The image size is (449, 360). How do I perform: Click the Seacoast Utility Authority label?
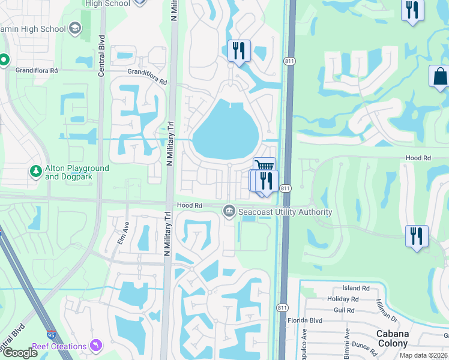tap(285, 212)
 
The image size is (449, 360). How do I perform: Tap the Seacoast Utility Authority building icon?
tap(229, 211)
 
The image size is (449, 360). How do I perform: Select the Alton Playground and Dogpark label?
tap(77, 173)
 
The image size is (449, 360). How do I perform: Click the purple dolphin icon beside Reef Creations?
tap(96, 346)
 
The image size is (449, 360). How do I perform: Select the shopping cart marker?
tap(264, 167)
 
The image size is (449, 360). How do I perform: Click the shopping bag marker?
tap(439, 77)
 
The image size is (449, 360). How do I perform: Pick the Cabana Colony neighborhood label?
tap(393, 338)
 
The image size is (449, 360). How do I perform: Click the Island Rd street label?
tap(356, 289)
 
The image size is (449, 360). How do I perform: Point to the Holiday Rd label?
tap(343, 299)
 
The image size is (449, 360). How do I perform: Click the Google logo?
tap(20, 353)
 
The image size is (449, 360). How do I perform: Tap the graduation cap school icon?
tap(75, 28)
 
